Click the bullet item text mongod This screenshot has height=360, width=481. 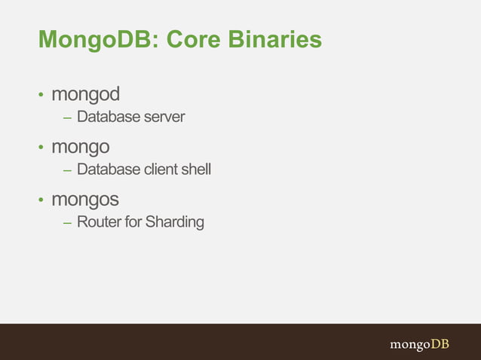click(x=85, y=96)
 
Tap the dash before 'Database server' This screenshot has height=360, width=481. click(x=67, y=117)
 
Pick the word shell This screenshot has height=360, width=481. click(x=196, y=170)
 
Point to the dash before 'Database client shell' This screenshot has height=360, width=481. click(x=67, y=170)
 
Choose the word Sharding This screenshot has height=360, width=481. click(x=174, y=223)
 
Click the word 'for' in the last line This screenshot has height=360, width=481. click(x=133, y=223)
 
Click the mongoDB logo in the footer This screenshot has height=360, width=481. click(x=419, y=343)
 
